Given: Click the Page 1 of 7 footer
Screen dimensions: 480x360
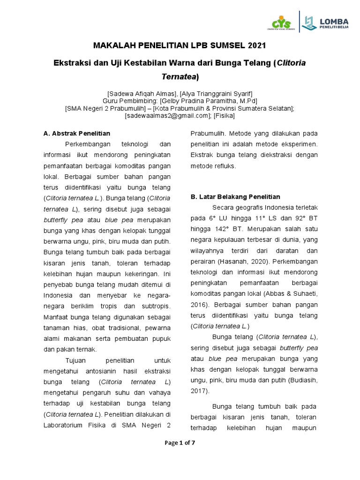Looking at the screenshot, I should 180,443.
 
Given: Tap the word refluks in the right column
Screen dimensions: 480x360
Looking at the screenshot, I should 225,166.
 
